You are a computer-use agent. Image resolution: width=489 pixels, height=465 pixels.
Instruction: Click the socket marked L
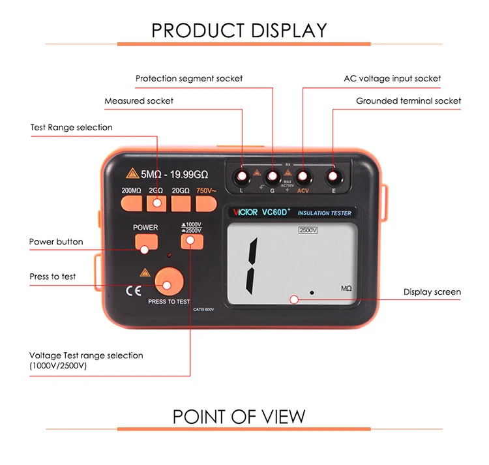[242, 176]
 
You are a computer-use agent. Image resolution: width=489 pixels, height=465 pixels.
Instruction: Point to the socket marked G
[272, 176]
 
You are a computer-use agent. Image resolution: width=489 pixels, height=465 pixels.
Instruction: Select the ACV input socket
[303, 176]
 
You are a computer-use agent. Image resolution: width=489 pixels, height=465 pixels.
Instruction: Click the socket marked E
[333, 176]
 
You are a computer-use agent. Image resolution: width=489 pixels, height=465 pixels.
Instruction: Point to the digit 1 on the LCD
[252, 264]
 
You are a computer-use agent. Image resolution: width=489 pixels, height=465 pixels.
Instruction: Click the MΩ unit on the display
[346, 288]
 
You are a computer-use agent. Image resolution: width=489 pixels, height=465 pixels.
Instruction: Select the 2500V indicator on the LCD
[307, 230]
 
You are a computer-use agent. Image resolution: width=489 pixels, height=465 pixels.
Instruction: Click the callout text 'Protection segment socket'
[189, 78]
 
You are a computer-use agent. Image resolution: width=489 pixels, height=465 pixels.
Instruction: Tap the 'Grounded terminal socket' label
[408, 101]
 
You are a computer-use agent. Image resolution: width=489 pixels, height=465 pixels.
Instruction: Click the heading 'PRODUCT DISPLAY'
[239, 30]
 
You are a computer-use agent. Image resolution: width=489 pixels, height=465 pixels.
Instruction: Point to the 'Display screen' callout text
[432, 292]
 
